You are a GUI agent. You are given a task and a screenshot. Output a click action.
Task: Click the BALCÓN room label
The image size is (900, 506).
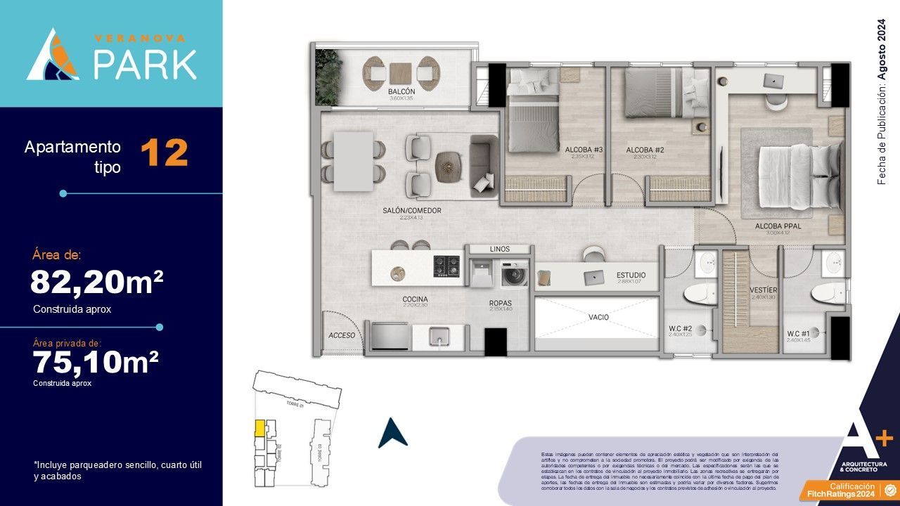point(401,92)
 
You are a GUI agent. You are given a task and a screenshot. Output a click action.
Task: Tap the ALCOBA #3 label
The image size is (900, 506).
point(584,150)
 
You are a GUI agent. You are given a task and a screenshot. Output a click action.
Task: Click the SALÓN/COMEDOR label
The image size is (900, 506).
point(412,211)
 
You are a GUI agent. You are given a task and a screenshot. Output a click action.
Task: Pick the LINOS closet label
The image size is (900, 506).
point(499,249)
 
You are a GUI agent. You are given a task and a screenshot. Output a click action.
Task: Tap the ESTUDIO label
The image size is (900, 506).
point(631,275)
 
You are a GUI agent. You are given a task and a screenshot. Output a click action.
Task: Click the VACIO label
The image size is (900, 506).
point(598,317)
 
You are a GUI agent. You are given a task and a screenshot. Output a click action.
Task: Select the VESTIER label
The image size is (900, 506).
point(762,290)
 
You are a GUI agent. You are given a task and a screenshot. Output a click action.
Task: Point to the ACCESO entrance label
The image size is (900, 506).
point(342,335)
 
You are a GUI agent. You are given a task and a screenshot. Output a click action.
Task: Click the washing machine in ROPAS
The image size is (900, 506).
point(514,273)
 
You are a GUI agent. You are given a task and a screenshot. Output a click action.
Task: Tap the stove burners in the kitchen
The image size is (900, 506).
point(446,266)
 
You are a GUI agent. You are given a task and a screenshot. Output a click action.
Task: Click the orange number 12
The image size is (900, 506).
point(165,153)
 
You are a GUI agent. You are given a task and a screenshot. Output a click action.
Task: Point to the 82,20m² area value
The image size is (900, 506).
point(96,282)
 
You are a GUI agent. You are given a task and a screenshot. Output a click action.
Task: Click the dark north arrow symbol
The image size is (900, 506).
point(392,433)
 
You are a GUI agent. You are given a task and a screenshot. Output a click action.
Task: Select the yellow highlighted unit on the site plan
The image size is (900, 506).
point(259,427)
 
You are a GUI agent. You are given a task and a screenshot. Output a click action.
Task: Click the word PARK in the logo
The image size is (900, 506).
point(146,64)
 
